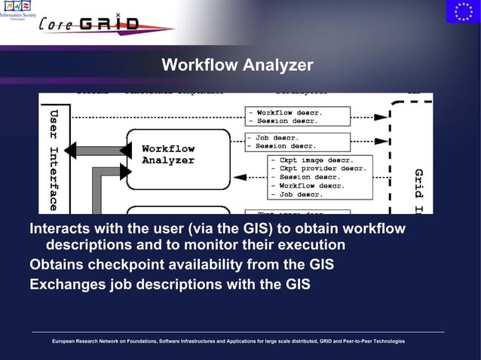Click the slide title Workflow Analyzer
coord(237,66)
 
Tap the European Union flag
coord(462,12)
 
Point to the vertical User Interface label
coord(53,159)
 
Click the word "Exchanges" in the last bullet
coord(65,285)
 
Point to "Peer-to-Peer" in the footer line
coord(351,342)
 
